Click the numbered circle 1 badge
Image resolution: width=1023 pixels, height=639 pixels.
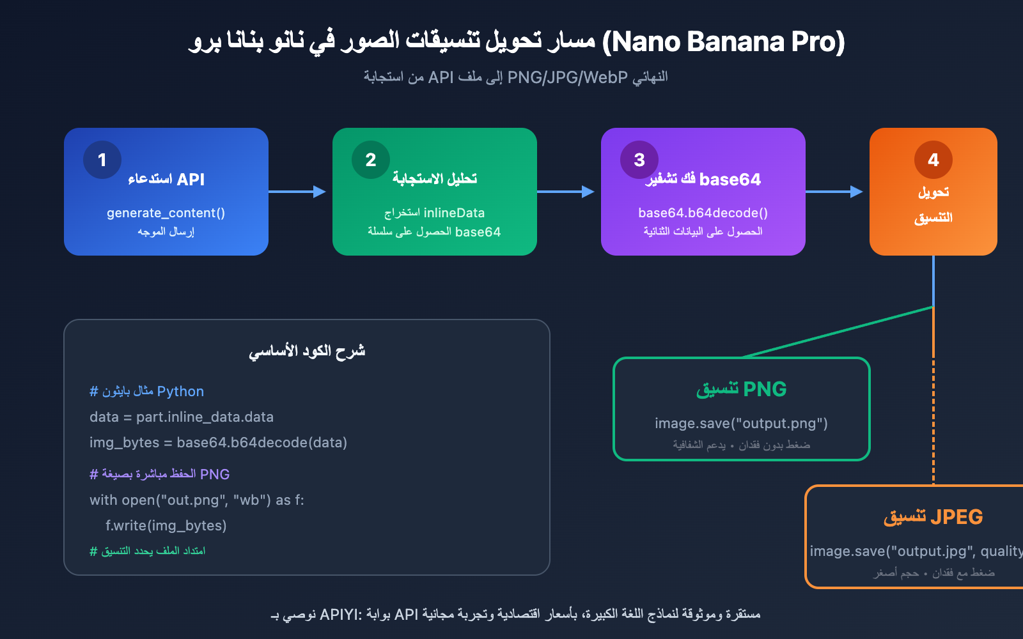[x=102, y=160]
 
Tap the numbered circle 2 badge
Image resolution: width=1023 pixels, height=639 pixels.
[x=371, y=160]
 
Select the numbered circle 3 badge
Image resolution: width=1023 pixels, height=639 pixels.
[x=639, y=160]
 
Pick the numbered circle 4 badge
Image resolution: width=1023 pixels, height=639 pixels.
[x=933, y=160]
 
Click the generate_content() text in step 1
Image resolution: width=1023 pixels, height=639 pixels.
[x=166, y=213]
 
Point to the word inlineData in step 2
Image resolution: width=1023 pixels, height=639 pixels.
[x=454, y=213]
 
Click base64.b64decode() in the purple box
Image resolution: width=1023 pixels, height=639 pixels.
[x=703, y=213]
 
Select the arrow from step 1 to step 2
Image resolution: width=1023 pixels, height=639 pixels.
[x=298, y=192]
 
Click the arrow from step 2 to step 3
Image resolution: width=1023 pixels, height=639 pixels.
[x=566, y=192]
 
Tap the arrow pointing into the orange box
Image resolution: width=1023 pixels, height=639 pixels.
[x=835, y=192]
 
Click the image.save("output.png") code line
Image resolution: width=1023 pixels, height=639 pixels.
[x=741, y=423]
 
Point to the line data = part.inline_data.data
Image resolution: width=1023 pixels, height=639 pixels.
[x=182, y=417]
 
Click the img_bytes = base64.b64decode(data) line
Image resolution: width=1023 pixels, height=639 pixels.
[x=218, y=443]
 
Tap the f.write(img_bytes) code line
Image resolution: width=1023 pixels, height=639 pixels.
[x=166, y=526]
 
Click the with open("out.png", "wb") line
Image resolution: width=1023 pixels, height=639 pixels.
[x=197, y=500]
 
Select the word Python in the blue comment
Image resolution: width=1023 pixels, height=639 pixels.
[x=180, y=391]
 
